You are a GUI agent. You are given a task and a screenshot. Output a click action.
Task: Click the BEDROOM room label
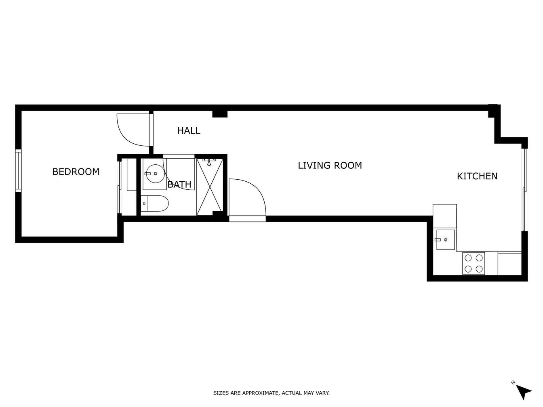(x=76, y=172)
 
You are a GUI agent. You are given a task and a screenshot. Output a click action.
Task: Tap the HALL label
(x=189, y=130)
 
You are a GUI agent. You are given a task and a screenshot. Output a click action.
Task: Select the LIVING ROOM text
(x=330, y=165)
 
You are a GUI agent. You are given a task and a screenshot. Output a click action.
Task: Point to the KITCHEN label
(x=477, y=176)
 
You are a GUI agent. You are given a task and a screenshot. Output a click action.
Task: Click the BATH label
(x=179, y=185)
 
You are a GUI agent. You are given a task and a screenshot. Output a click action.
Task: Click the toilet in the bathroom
(x=155, y=203)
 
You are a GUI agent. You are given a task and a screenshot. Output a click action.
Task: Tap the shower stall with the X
(x=210, y=187)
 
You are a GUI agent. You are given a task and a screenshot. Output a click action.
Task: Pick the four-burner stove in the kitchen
(x=474, y=263)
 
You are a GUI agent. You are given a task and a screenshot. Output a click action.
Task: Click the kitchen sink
(x=445, y=240)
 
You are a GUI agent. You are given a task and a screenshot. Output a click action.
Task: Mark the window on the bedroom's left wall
(x=18, y=170)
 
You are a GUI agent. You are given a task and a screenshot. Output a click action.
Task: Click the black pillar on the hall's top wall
(x=220, y=114)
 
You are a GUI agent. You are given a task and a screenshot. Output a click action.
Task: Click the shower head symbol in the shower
(x=209, y=162)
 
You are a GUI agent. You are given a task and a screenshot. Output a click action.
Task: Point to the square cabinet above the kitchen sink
(x=444, y=216)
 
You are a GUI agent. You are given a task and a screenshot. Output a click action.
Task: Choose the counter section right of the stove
(x=509, y=263)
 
